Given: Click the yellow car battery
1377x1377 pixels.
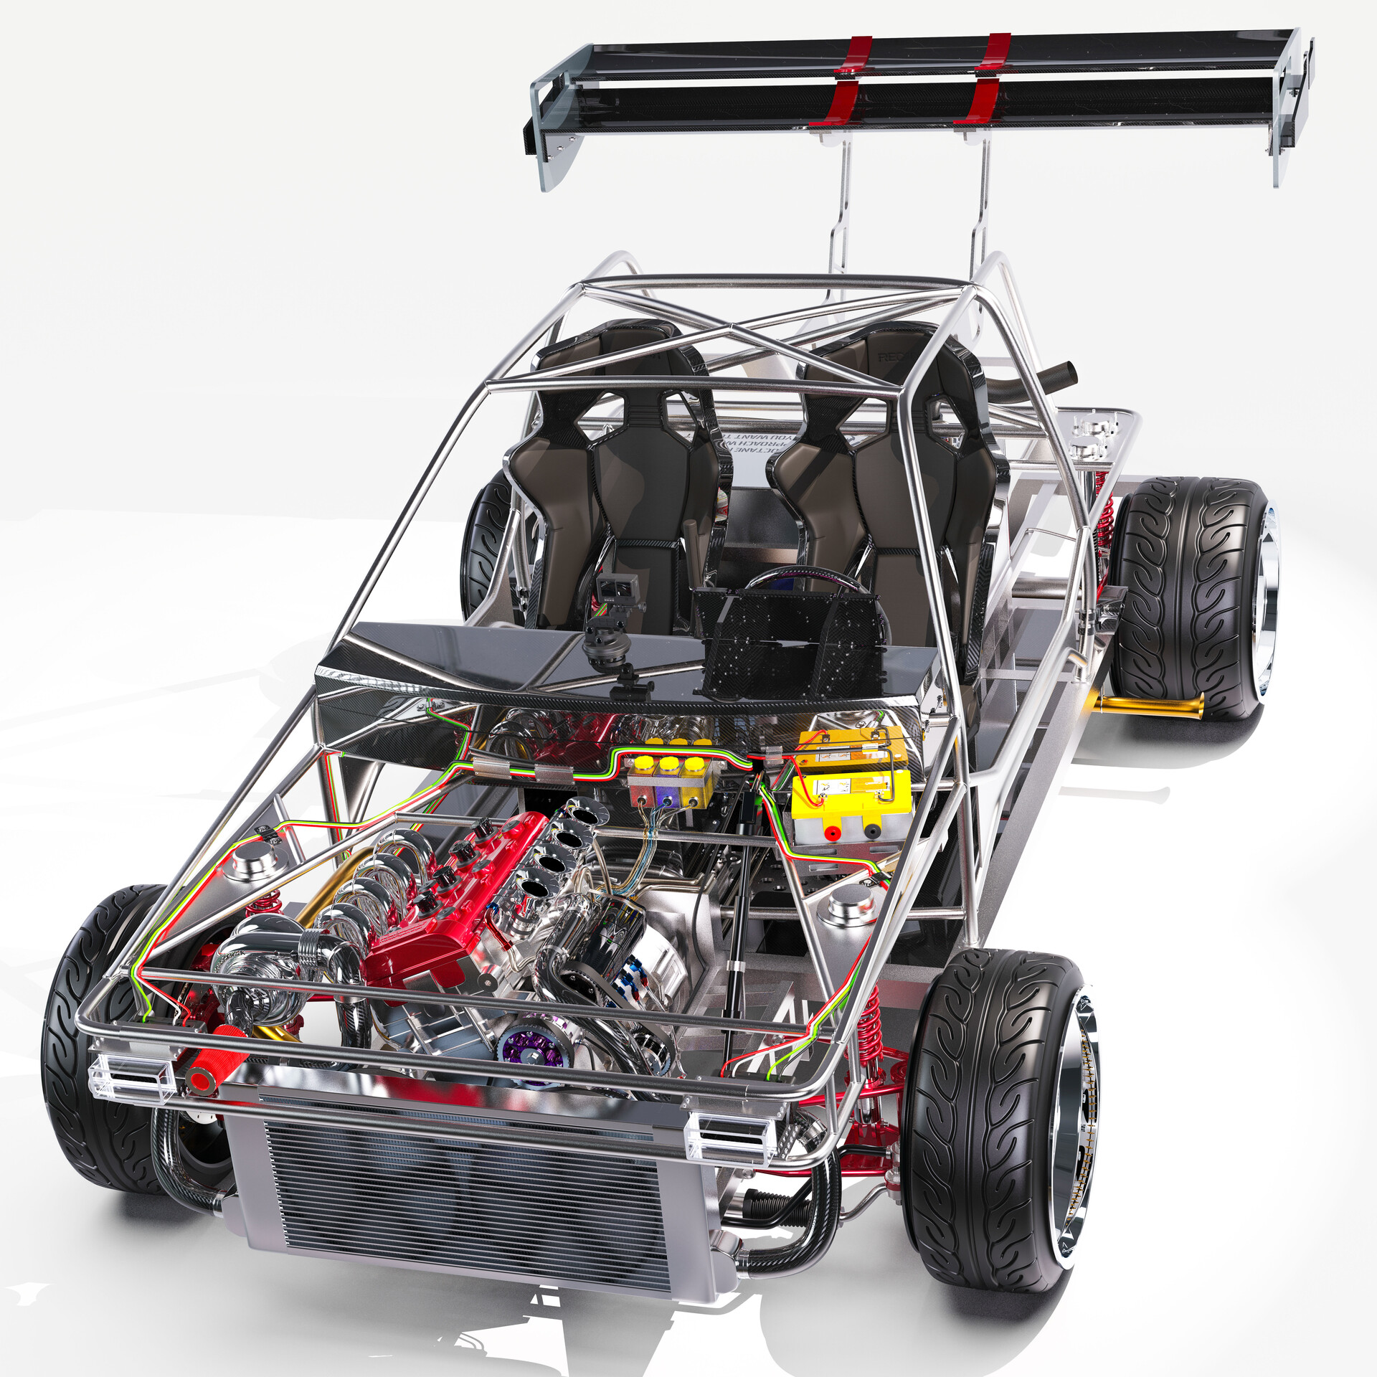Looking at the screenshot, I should (x=852, y=796).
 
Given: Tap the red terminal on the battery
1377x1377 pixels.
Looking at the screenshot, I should (x=833, y=833).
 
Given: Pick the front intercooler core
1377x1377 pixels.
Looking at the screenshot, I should (x=459, y=1191).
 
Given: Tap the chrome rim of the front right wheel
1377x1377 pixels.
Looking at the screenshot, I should (x=1076, y=1119).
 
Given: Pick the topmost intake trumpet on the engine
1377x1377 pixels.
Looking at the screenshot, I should (x=585, y=814).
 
